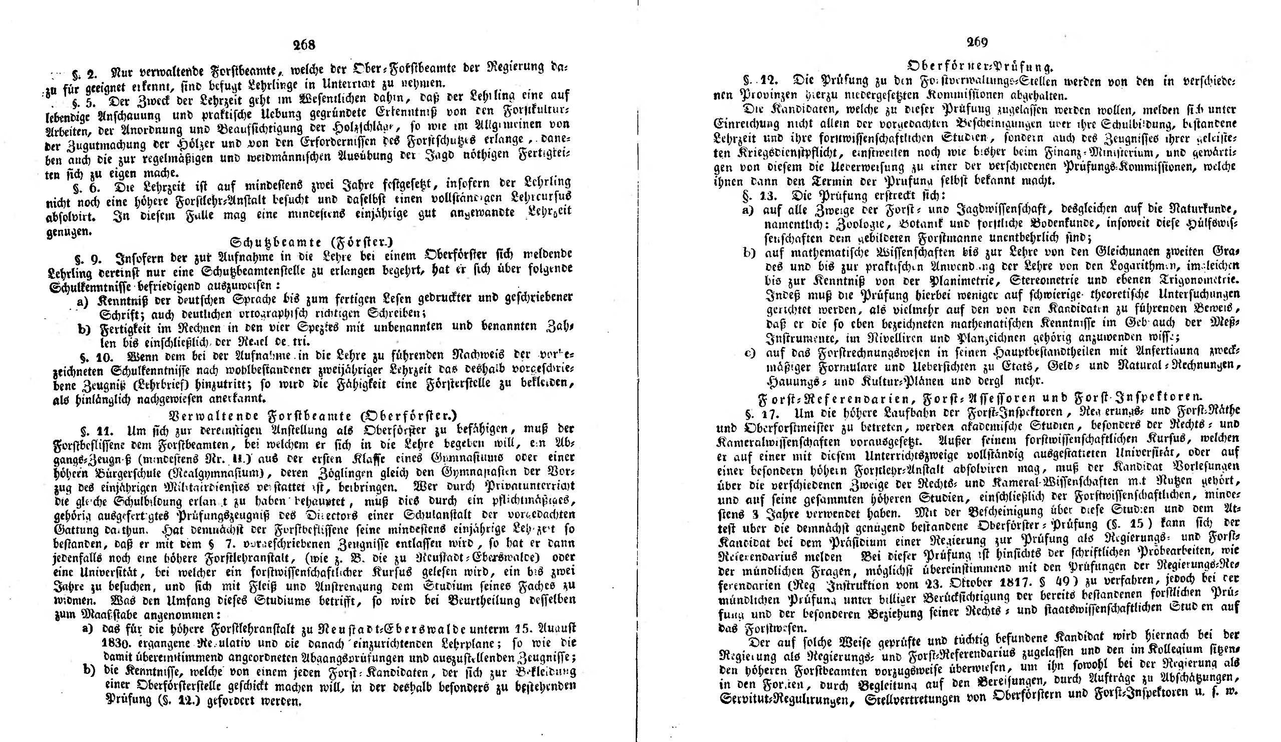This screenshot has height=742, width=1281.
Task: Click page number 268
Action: [304, 45]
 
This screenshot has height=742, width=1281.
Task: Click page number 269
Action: [977, 43]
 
